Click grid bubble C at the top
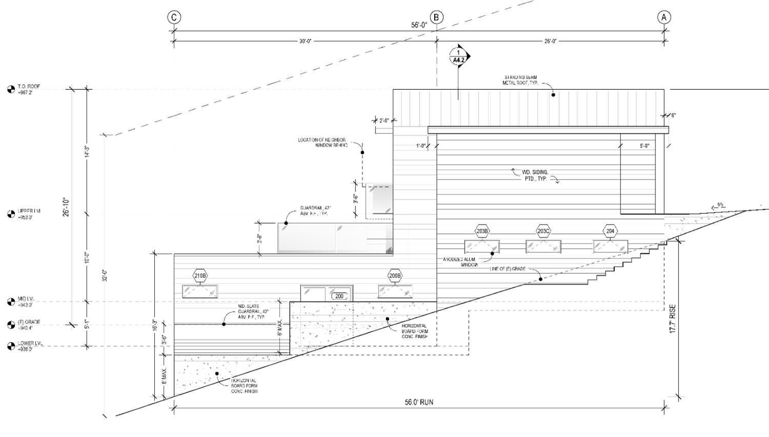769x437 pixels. coord(174,17)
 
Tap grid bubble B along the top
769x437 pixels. coord(436,17)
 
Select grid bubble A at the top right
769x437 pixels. coord(664,17)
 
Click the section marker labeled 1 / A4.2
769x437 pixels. coord(459,56)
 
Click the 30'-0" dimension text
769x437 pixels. coord(306,41)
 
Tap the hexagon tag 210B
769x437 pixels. coord(200,276)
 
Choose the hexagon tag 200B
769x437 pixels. coord(395,276)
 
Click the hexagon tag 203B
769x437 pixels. coord(482,231)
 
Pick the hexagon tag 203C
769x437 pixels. coord(543,231)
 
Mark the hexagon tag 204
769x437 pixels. coord(610,231)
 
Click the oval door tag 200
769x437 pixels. coord(339,296)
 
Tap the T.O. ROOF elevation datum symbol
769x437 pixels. coord(11,90)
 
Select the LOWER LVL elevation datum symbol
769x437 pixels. coord(11,346)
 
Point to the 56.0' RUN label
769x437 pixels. coord(419,402)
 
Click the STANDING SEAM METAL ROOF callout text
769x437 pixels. coord(520,80)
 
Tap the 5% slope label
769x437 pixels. coord(720,205)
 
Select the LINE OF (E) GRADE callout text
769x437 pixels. coord(508,269)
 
